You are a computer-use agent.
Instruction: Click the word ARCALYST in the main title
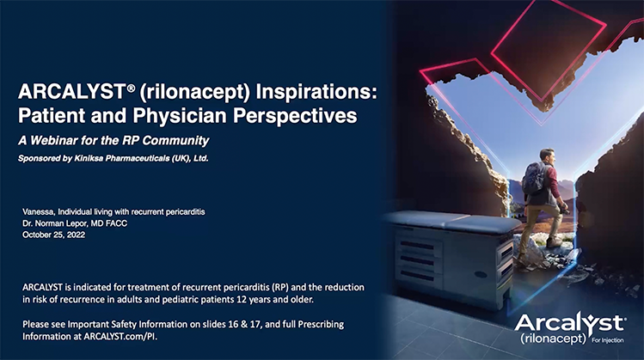(65, 90)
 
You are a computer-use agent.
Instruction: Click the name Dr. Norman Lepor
(63, 222)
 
